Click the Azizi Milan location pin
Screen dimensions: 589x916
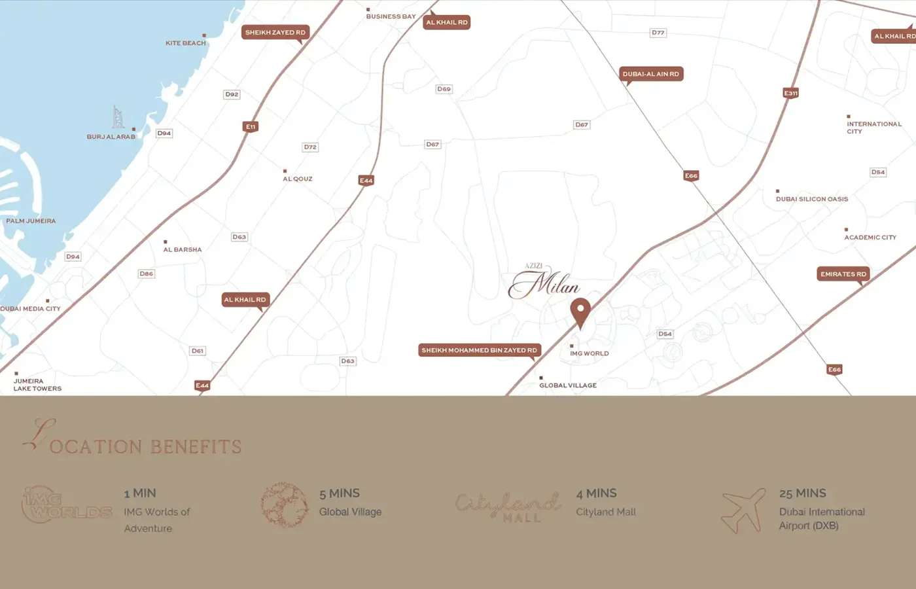coord(580,312)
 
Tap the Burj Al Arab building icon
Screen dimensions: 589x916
coord(118,117)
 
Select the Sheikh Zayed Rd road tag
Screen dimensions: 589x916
coord(275,32)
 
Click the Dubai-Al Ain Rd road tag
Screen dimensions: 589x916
coord(651,74)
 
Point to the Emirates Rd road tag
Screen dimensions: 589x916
coord(843,274)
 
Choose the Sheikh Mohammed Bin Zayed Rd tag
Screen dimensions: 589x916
coord(479,350)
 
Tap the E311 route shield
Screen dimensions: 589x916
coord(791,93)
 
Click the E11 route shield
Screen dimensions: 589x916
coord(251,126)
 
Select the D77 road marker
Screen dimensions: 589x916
coord(658,33)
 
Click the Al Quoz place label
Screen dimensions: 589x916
coord(298,179)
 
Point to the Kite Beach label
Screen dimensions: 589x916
coord(186,43)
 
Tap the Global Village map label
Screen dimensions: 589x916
coord(568,385)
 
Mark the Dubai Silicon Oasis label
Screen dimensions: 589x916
coord(812,199)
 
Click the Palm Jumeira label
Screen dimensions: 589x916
coord(31,221)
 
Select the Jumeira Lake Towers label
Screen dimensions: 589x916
coord(37,385)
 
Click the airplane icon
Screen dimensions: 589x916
coord(743,510)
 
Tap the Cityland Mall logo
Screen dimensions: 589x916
coord(508,506)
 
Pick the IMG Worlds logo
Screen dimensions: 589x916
coord(67,505)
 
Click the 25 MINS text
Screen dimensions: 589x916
coord(802,493)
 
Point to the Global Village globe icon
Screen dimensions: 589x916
coord(284,505)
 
